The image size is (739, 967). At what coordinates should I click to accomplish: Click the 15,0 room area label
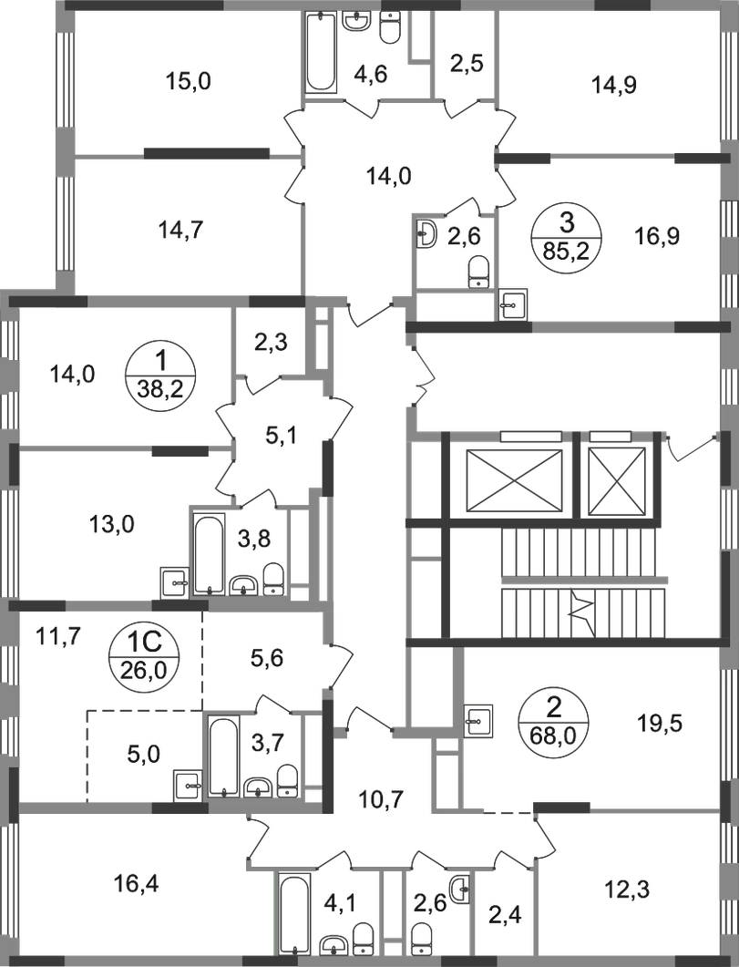[x=189, y=81]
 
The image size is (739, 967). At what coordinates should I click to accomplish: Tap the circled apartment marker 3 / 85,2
[x=567, y=237]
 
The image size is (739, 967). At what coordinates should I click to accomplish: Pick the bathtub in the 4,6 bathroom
[x=321, y=53]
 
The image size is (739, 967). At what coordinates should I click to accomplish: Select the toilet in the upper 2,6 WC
[x=479, y=273]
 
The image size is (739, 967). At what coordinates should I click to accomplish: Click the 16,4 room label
[x=137, y=884]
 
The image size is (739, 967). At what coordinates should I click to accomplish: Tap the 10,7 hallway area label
[x=381, y=800]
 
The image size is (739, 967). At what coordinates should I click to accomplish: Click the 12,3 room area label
[x=627, y=890]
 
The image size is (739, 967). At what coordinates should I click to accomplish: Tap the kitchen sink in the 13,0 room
[x=175, y=581]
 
